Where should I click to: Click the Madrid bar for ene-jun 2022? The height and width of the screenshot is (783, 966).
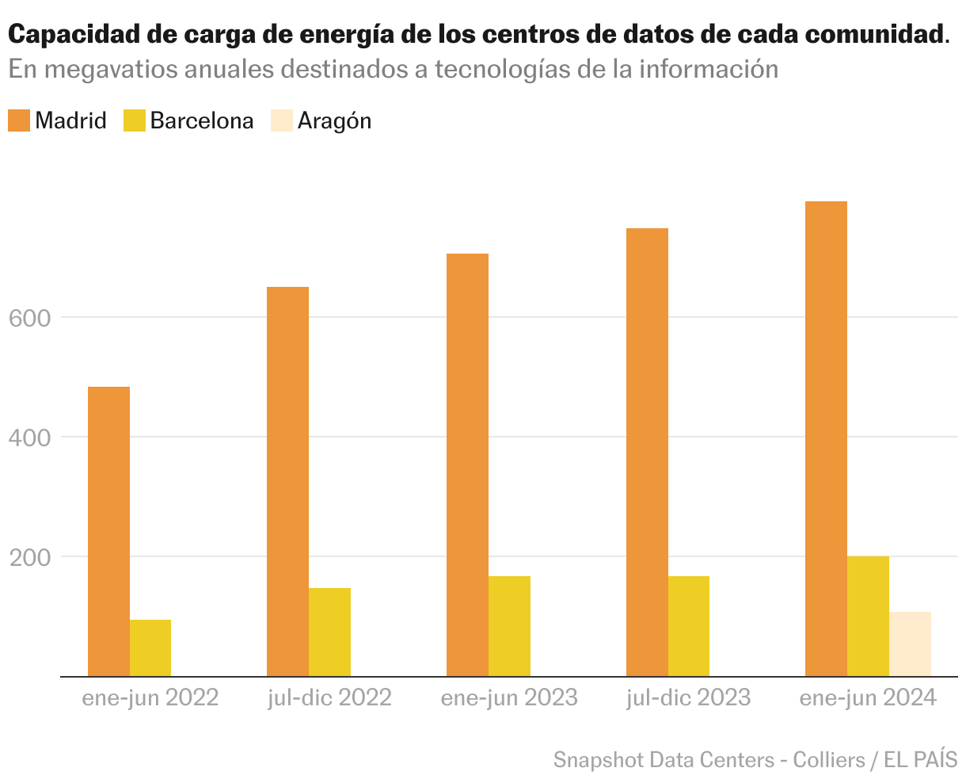(x=108, y=531)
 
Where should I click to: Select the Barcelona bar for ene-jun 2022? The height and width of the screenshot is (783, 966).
(x=150, y=647)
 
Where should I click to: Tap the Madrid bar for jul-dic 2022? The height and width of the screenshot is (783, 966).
(x=287, y=481)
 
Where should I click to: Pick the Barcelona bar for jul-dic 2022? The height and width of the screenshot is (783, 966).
(x=329, y=632)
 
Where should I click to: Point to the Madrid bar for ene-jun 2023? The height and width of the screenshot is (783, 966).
(x=467, y=464)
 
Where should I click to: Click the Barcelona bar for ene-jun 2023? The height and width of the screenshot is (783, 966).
(x=509, y=626)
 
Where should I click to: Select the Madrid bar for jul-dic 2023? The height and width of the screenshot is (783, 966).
(x=647, y=452)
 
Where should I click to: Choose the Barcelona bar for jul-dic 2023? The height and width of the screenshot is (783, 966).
(x=689, y=626)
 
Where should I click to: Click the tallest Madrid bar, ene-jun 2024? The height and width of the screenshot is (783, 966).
(x=826, y=438)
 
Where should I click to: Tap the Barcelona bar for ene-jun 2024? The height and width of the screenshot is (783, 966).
(x=868, y=616)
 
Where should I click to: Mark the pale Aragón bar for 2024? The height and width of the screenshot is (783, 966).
(x=910, y=644)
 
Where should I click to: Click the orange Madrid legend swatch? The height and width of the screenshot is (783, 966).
(x=19, y=121)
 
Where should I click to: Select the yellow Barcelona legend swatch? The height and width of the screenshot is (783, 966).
(x=134, y=121)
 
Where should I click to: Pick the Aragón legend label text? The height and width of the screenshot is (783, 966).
(x=334, y=121)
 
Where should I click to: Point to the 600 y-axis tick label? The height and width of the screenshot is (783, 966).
(x=29, y=318)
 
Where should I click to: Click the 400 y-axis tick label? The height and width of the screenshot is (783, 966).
(x=29, y=437)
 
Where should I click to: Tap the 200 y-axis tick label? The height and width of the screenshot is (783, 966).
(x=29, y=557)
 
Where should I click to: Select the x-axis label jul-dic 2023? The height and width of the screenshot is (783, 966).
(x=688, y=698)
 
